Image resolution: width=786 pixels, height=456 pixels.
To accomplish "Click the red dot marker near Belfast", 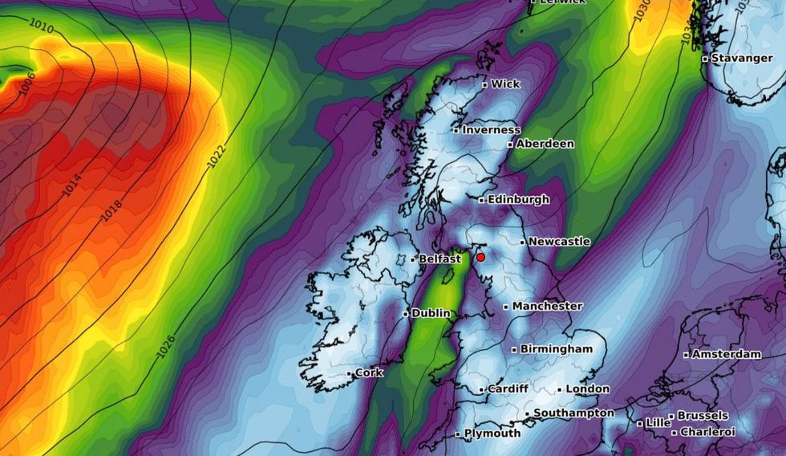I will [480, 257].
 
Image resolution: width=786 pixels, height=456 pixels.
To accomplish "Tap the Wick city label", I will [504, 83].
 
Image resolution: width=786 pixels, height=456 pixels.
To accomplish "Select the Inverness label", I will [490, 129].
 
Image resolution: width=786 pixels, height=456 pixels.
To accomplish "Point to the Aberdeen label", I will [545, 144].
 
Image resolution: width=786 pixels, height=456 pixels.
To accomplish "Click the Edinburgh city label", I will [517, 199].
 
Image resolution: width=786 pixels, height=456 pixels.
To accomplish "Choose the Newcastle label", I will [559, 241].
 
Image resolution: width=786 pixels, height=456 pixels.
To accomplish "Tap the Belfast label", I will [440, 259].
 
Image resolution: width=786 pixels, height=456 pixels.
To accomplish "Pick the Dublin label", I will [430, 313].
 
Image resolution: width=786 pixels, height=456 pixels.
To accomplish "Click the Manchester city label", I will [546, 306].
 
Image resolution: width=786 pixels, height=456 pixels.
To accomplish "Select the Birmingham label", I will [556, 348].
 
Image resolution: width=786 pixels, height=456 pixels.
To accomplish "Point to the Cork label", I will [369, 373].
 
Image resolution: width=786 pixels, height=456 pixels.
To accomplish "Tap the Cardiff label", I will [507, 389].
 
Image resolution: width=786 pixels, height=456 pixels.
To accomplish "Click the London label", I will [587, 389].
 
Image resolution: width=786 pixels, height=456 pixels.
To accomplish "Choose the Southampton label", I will [573, 413].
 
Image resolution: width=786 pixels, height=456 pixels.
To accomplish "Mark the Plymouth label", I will [492, 434].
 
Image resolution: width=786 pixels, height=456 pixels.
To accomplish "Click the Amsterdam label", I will [726, 354].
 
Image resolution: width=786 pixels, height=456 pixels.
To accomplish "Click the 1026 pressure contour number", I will [165, 347].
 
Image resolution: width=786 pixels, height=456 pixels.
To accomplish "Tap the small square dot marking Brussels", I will [671, 417].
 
